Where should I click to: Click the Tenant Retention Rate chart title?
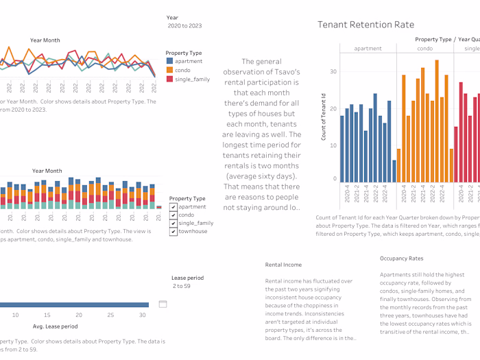tap(365, 25)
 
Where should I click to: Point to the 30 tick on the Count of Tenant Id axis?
tap(333, 71)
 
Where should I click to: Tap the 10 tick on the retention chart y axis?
tap(333, 145)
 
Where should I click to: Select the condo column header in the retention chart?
tap(424, 49)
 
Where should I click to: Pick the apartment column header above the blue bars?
tap(368, 49)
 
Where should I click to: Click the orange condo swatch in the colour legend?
tap(169, 71)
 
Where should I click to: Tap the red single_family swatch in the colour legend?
tap(169, 80)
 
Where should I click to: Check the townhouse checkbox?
tap(173, 232)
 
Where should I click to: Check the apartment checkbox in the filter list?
tap(173, 207)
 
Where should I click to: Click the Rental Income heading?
tap(283, 265)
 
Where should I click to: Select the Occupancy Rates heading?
tap(403, 259)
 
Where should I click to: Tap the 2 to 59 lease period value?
tap(182, 286)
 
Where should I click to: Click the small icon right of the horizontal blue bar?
tap(163, 304)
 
